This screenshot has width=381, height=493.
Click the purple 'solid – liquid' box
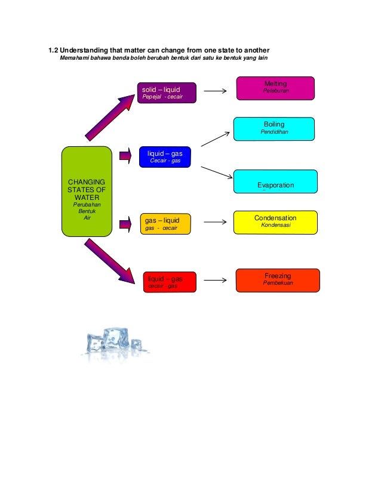166,93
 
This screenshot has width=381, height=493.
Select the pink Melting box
275,88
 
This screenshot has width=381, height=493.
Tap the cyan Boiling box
274,128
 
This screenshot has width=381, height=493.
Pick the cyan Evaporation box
275,181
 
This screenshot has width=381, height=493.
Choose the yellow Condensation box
275,222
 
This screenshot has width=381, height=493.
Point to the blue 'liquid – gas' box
164,157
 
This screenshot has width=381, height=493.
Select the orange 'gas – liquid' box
165,224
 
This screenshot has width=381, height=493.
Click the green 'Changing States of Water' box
87,189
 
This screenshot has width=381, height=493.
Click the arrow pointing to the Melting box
215,91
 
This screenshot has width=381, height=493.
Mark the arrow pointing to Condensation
215,223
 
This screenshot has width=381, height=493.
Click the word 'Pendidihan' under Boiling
274,132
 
